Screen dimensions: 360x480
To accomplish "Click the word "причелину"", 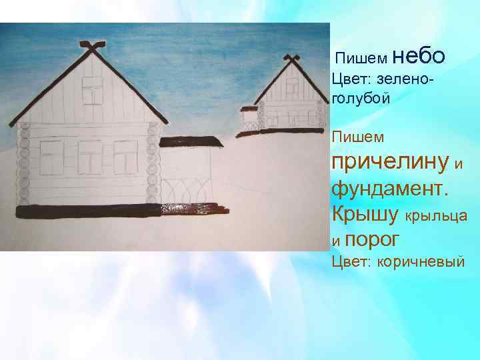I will point(389,161).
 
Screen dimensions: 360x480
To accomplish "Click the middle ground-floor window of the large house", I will point(90,155).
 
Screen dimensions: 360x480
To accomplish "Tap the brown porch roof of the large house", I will point(189,141).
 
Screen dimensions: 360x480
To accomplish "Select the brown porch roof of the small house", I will point(249,108).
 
